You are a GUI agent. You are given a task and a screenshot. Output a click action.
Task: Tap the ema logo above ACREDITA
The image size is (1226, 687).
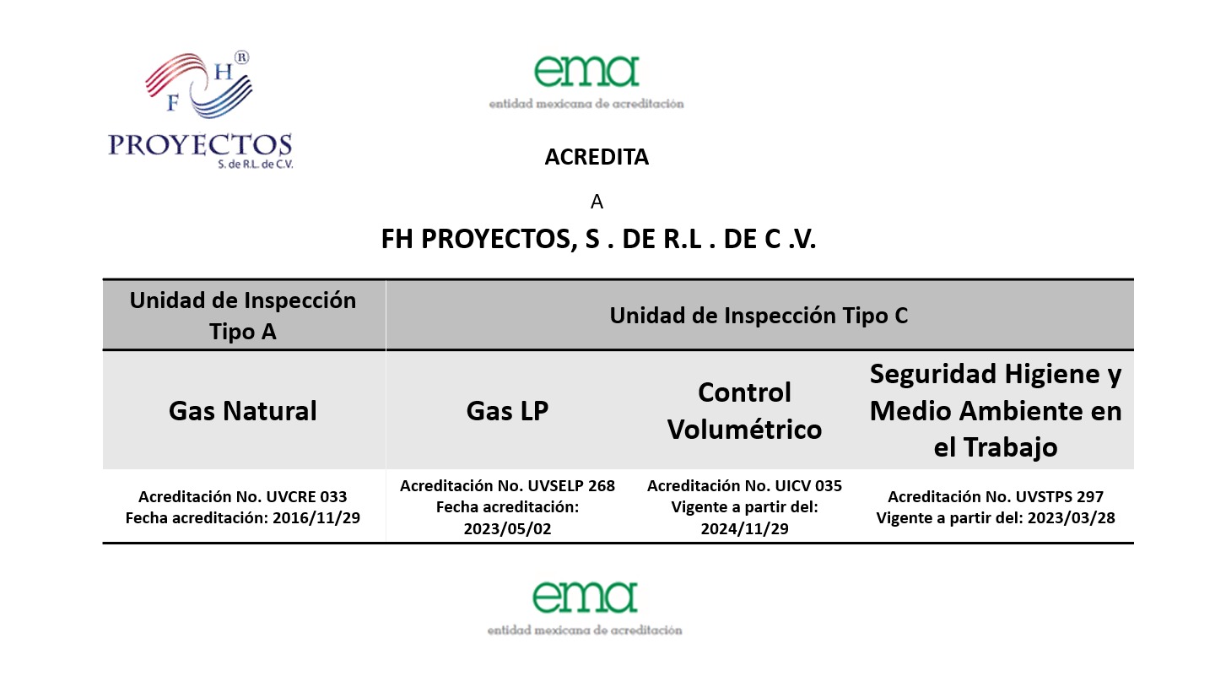[x=586, y=81]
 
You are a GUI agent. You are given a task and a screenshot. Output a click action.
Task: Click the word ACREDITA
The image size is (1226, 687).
[x=597, y=158]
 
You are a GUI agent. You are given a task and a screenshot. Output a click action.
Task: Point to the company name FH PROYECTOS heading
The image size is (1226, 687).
[x=598, y=240]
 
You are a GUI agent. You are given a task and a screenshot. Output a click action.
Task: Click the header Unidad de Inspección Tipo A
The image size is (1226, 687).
[x=243, y=316]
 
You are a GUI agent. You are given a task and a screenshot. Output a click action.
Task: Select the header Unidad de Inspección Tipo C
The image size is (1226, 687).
[x=759, y=316]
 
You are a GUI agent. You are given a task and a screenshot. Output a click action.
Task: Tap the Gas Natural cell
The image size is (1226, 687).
[x=243, y=411]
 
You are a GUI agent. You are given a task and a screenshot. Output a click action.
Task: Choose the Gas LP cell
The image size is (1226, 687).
[x=507, y=411]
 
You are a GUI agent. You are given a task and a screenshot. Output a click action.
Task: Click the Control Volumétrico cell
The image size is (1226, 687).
[x=744, y=411]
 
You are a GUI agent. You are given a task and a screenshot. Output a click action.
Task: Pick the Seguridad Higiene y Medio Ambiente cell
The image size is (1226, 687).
[x=996, y=411]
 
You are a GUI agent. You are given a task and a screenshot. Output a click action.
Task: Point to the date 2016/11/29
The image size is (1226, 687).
[x=316, y=518]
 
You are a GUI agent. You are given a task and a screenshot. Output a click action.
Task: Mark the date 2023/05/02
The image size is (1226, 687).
[x=507, y=528]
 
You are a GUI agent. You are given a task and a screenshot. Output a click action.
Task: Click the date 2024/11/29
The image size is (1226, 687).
[x=744, y=528]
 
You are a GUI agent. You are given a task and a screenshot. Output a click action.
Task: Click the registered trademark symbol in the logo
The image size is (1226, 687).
[x=241, y=57]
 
